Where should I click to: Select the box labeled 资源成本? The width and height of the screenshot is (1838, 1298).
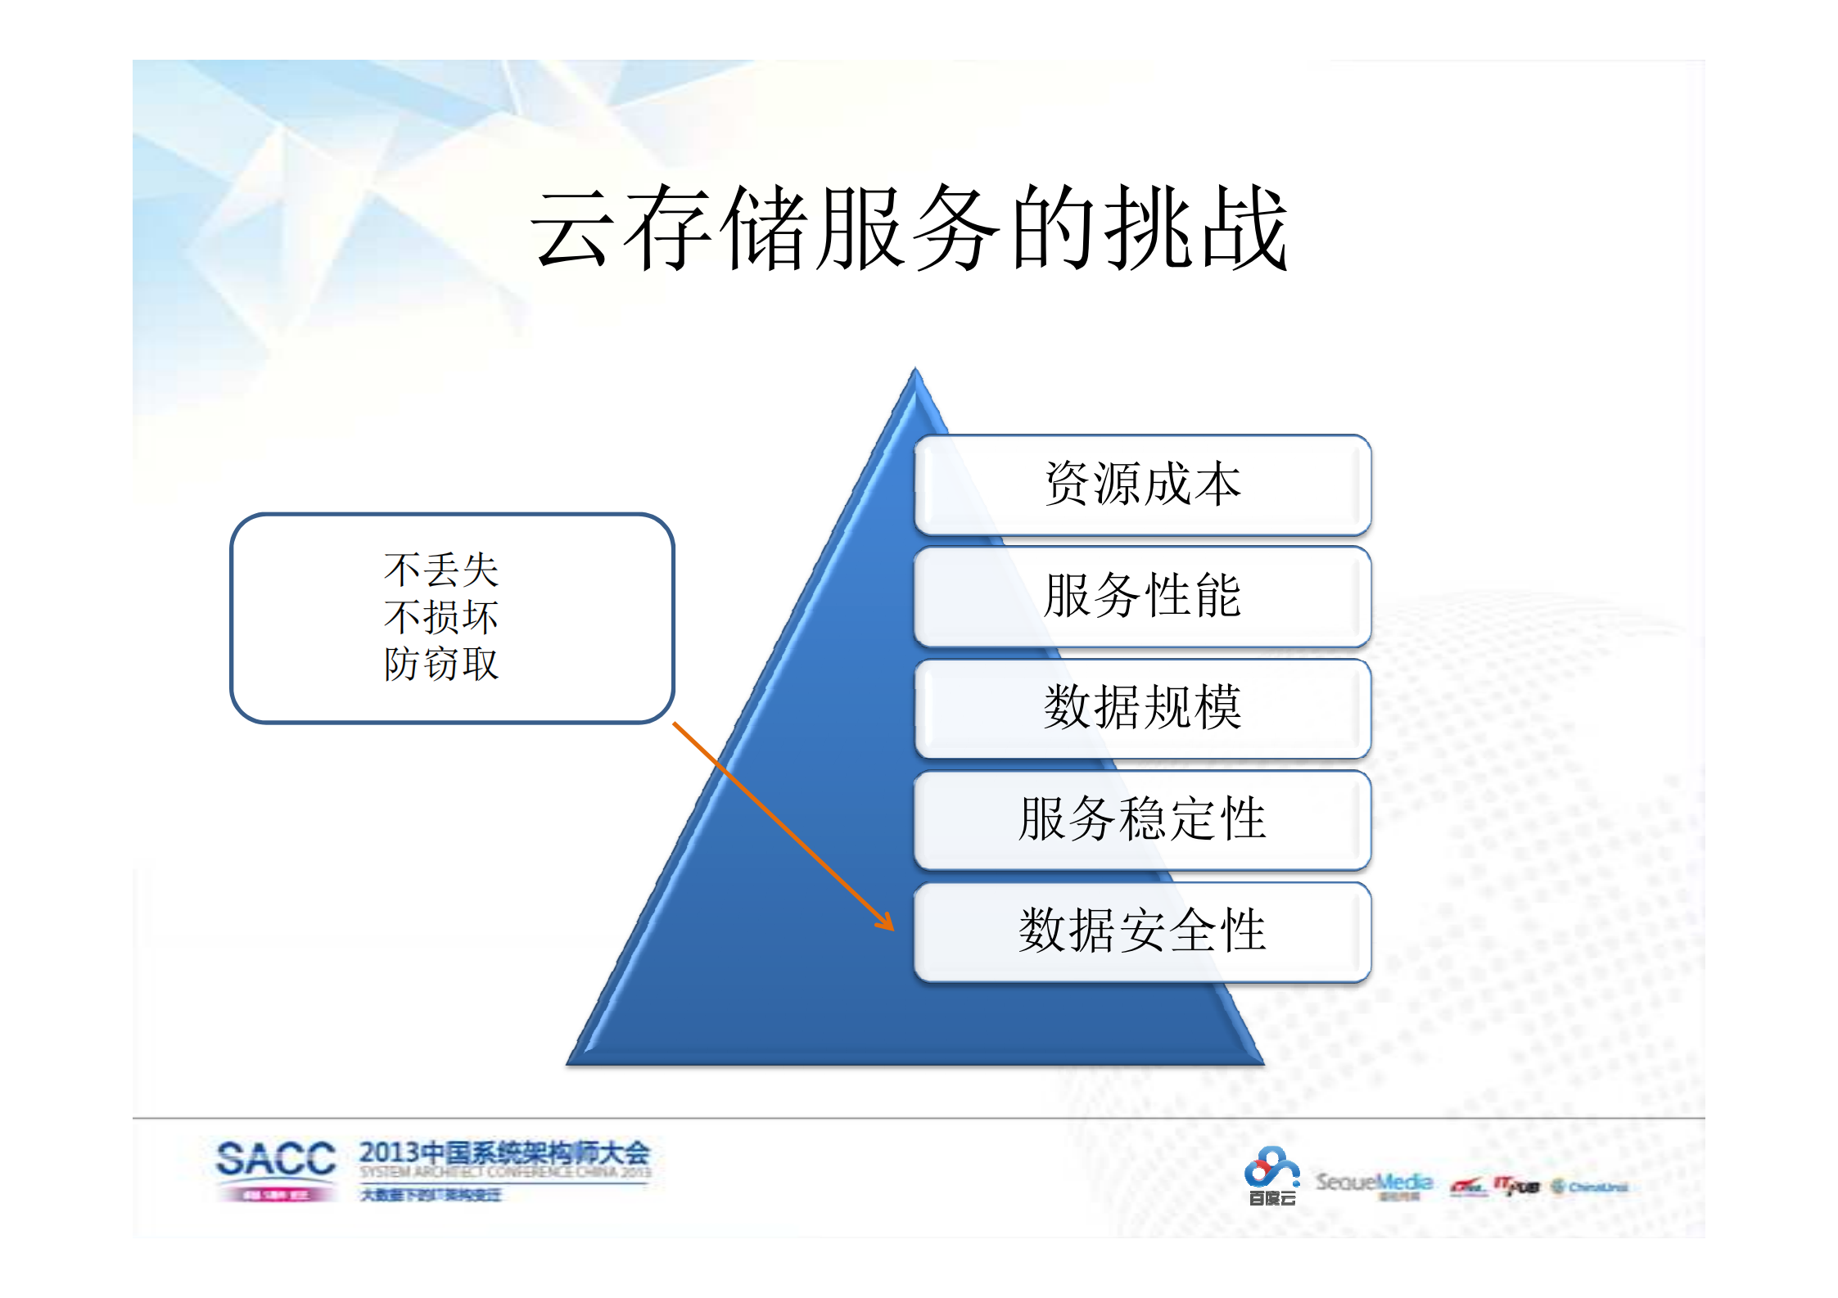coord(1142,484)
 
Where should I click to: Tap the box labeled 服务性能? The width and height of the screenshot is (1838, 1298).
coord(1142,596)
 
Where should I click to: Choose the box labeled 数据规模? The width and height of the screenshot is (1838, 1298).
coord(1142,708)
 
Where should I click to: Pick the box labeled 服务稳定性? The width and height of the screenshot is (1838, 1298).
coord(1142,819)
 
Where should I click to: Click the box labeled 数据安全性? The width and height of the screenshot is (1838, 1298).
coord(1142,931)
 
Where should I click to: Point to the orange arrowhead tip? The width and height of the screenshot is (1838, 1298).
coord(892,929)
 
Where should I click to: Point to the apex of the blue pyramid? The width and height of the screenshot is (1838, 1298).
coord(915,371)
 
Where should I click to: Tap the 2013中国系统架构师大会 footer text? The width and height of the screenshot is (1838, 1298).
coord(504,1154)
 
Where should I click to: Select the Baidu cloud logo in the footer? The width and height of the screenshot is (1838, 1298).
coord(1271,1175)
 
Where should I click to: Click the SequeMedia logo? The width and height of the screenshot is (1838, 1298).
coord(1374,1183)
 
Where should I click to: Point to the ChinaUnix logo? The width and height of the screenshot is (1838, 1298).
coord(1589,1187)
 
